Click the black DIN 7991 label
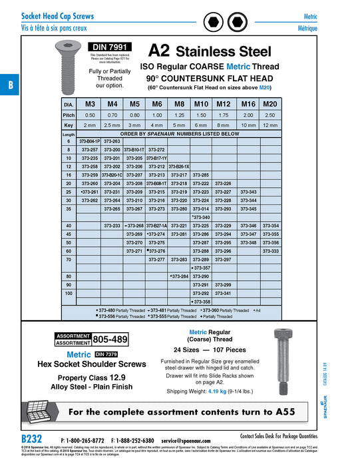tap(110, 47)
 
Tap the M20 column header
tap(270, 105)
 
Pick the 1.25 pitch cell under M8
tap(179, 115)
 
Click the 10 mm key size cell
tap(248, 124)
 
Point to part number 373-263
tap(112, 141)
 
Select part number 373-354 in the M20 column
tap(271, 226)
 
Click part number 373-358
tap(202, 301)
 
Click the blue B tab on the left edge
tap(10, 85)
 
